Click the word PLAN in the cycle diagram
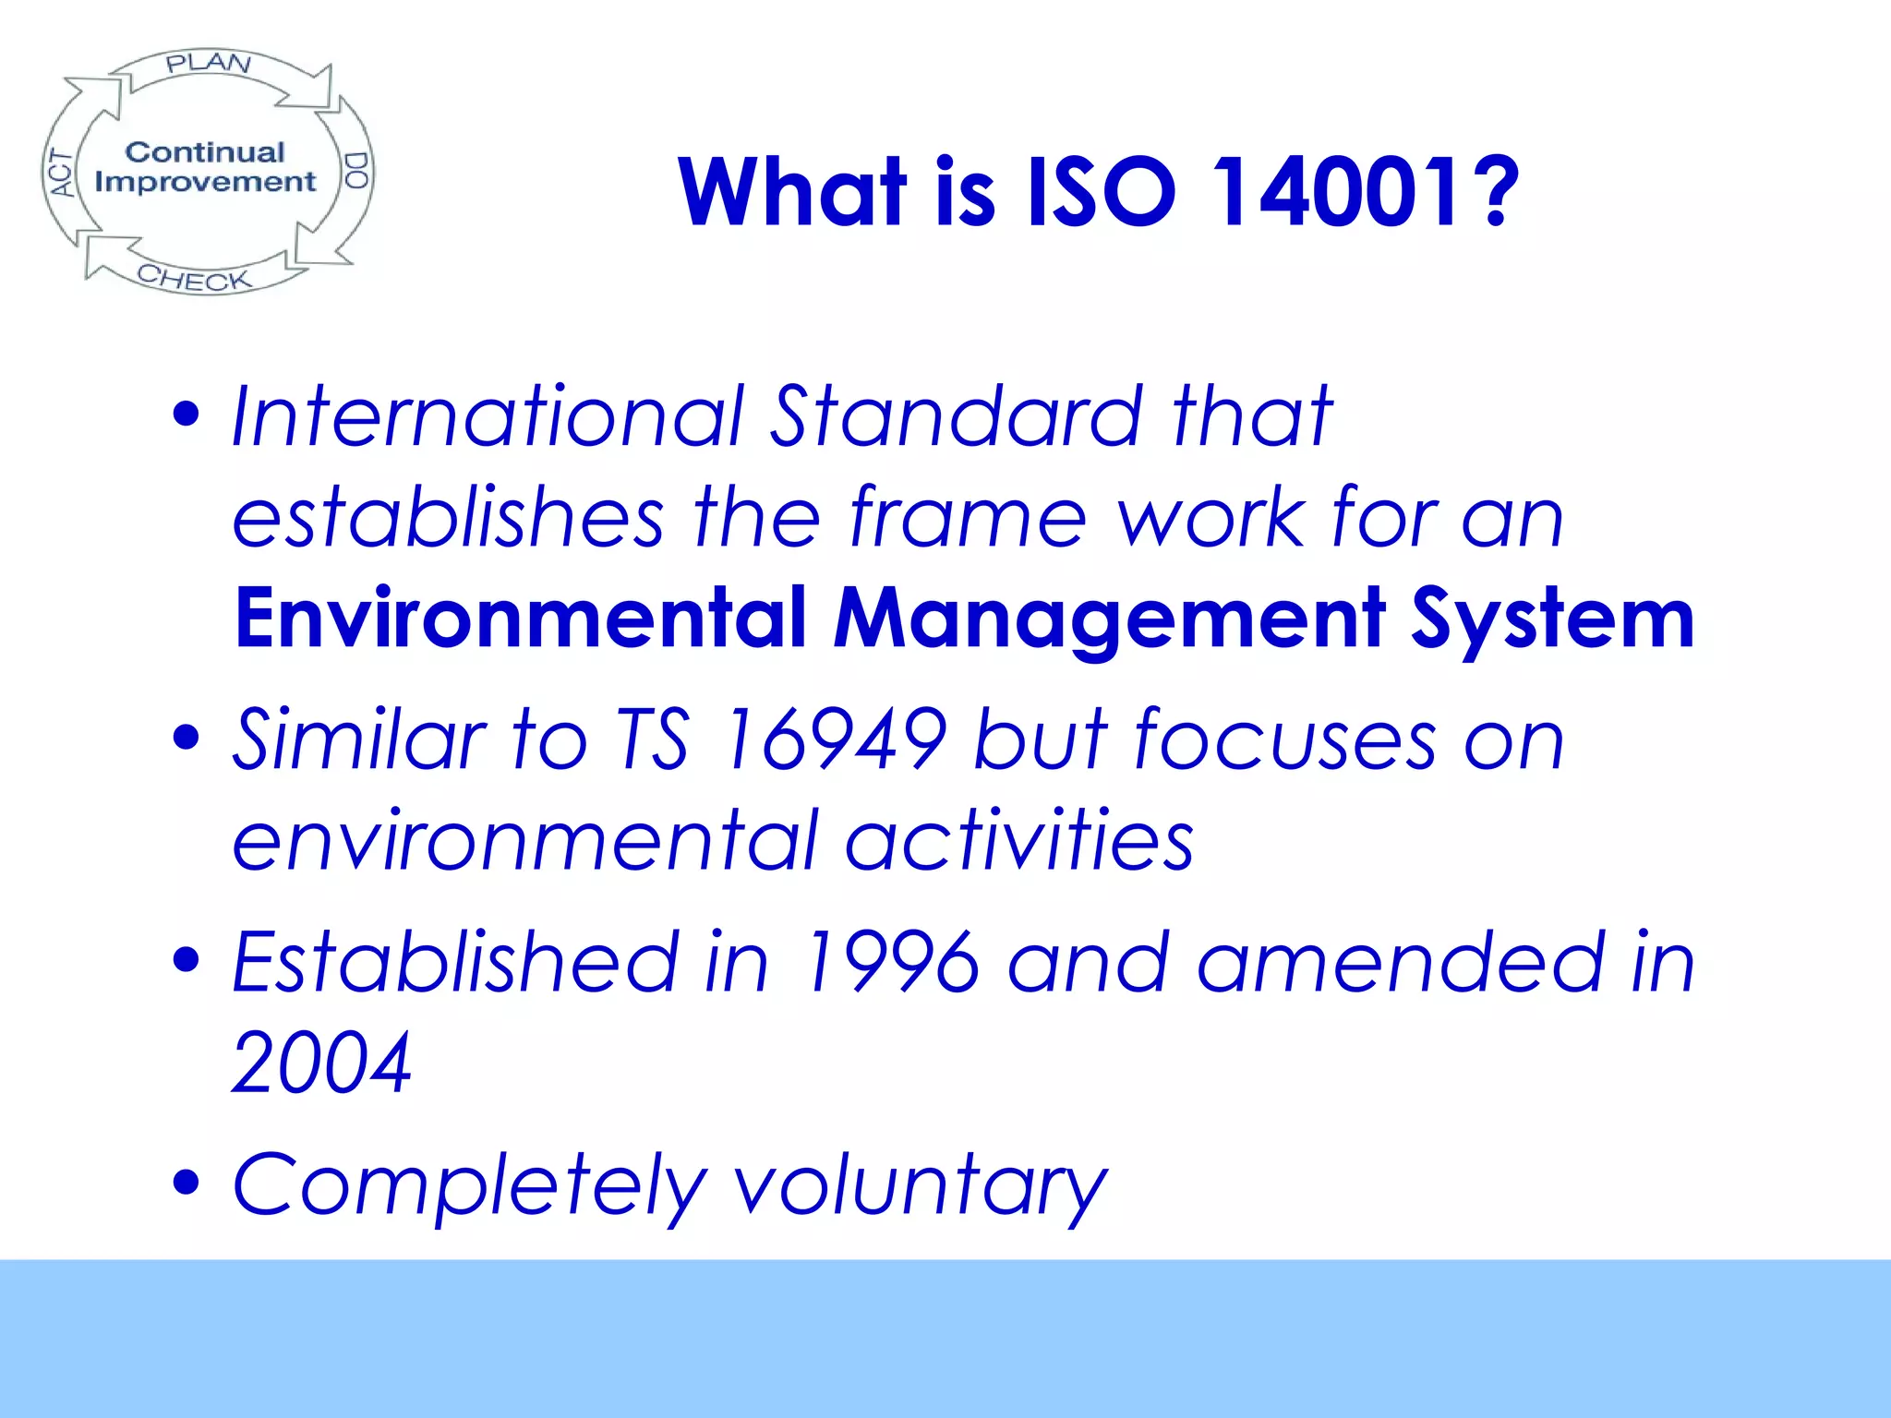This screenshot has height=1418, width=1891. tap(209, 64)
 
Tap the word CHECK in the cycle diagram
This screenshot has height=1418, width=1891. tap(194, 278)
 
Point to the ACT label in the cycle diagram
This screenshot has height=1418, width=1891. tap(62, 174)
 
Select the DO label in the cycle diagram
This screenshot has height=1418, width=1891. tap(355, 171)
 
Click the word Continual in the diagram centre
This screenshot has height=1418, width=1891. tap(205, 152)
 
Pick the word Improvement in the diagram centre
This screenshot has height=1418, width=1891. tap(205, 182)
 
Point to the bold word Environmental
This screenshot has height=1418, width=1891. tap(522, 618)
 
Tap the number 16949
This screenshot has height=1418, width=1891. tap(835, 738)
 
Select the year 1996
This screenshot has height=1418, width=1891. tap(890, 962)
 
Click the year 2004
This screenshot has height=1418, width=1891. tap(321, 1063)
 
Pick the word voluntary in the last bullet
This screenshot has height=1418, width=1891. tap(920, 1186)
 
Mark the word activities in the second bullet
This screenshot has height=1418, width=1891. tap(1019, 840)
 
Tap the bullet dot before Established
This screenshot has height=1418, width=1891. tap(187, 959)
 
